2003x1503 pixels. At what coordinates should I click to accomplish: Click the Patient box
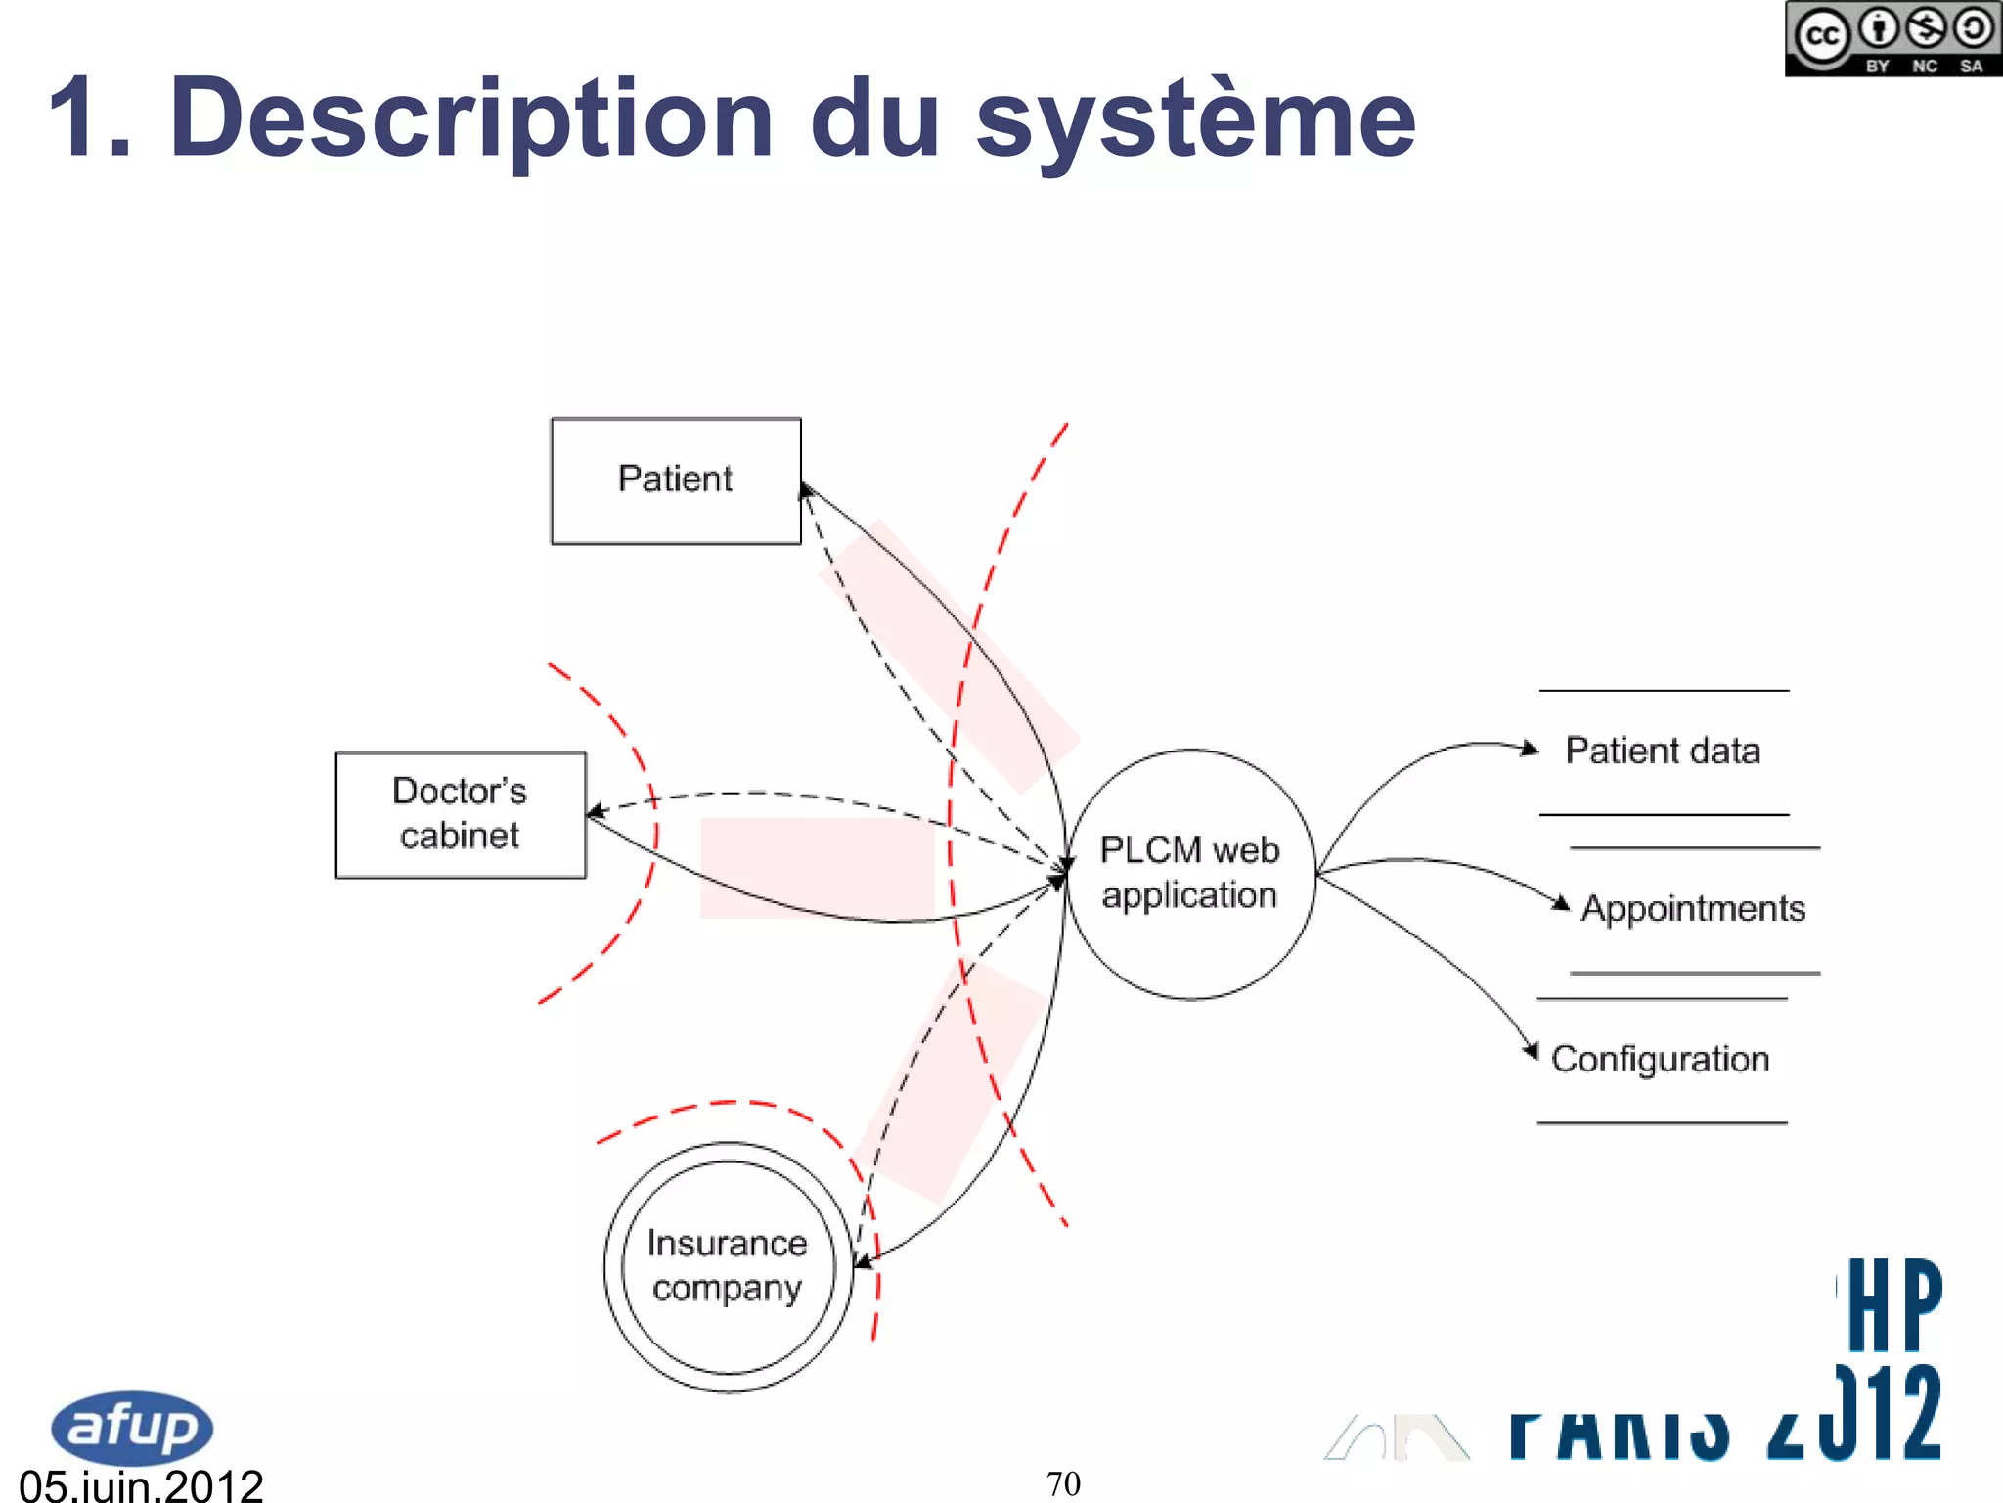point(676,480)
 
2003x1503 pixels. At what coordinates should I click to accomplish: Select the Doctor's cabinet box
point(461,814)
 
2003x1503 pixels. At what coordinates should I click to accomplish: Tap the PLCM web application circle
point(1189,874)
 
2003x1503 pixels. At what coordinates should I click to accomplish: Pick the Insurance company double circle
point(728,1266)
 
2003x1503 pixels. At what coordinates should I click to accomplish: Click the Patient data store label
point(1663,751)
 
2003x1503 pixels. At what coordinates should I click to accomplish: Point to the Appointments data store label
point(1693,908)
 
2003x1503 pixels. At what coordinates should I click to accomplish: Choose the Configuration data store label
point(1660,1059)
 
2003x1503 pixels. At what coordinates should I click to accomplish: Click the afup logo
point(132,1427)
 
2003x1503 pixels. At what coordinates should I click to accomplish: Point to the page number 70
point(1063,1483)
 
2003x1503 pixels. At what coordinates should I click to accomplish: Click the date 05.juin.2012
point(141,1485)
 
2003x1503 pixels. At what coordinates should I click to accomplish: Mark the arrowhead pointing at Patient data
point(1531,750)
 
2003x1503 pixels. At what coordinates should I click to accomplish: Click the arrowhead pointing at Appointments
point(1561,903)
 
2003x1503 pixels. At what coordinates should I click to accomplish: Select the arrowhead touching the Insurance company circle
point(863,1262)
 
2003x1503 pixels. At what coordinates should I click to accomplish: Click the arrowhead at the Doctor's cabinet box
point(595,811)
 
